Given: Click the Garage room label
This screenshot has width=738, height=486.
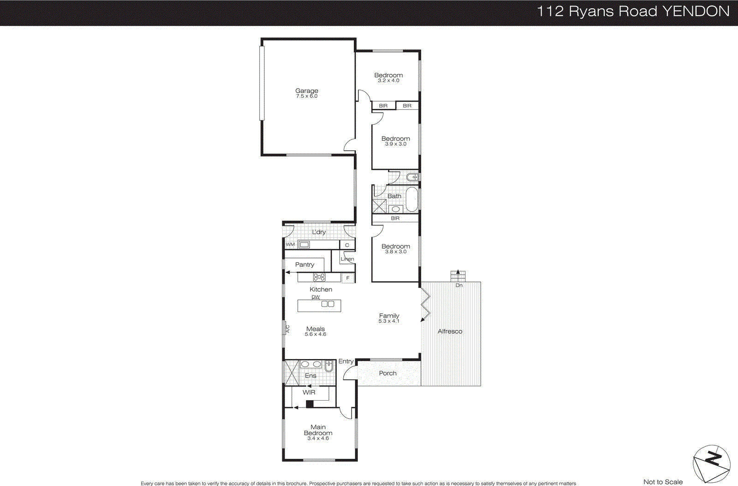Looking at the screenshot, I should pos(307,91).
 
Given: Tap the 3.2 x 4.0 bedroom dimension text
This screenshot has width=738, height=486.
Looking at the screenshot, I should pos(388,81).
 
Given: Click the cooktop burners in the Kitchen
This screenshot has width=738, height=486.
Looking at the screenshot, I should pos(319,277).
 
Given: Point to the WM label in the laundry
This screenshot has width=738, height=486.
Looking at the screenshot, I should pos(290,245).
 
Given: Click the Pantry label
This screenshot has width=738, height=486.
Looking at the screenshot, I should pos(304,264).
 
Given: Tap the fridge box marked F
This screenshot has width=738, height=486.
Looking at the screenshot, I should pos(348,278).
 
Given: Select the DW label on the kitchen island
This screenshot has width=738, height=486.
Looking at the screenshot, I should pos(315,297).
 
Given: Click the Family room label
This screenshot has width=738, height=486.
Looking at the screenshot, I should pos(389,316).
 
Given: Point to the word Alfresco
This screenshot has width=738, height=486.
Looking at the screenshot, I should pos(450,331).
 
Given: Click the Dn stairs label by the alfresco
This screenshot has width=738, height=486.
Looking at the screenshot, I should pos(459,285).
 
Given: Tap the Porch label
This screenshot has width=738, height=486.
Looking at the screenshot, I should pos(387,373).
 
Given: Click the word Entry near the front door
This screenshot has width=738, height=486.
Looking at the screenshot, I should pos(346,361).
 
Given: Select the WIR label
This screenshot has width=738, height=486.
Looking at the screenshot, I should pos(309,392).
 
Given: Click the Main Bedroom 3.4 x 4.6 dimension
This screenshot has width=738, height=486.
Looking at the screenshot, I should pos(318,438).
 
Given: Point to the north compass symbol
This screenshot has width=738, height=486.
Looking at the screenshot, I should pos(711,463).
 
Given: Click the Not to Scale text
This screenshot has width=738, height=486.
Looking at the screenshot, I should pos(663,482).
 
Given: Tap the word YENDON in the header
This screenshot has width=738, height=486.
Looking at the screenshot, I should pos(696,12).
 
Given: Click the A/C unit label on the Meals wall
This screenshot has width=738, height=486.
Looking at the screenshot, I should pos(287,329).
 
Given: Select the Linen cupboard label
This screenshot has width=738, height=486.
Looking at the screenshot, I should pos(347,259).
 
